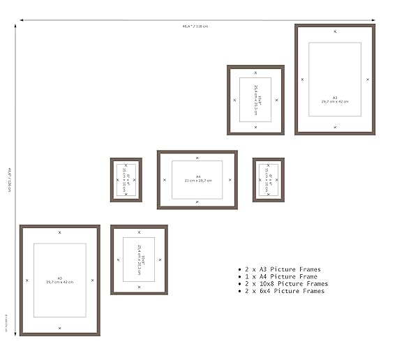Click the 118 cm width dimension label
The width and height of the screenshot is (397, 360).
195,27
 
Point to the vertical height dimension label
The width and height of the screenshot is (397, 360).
10,181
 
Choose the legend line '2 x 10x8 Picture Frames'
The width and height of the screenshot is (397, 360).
285,284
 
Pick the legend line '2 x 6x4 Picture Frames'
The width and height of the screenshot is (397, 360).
283,291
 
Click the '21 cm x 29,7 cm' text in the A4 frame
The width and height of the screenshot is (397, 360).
197,181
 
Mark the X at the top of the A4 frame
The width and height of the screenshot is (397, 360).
197,158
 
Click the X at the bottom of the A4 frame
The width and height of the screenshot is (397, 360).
197,202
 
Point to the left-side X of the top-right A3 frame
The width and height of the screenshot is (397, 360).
302,80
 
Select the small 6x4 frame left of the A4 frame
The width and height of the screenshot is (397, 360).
126,180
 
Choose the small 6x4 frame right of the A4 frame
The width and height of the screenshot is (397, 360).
269,180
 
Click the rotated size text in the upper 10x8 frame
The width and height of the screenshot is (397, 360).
255,99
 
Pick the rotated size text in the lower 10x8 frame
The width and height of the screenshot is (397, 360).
139,260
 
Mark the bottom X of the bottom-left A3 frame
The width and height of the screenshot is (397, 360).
59,328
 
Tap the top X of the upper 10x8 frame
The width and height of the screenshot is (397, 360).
255,72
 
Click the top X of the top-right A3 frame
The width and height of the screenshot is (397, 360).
335,31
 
